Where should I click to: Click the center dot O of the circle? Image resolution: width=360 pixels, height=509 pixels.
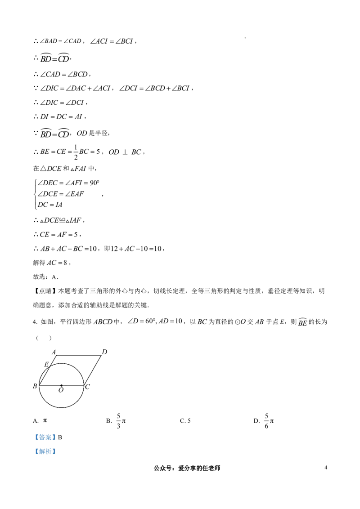tap(61, 386)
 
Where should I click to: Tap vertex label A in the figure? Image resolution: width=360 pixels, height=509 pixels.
tap(54, 352)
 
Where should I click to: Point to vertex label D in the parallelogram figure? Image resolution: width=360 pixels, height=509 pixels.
tap(104, 352)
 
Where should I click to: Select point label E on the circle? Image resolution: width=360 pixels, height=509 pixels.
tap(46, 364)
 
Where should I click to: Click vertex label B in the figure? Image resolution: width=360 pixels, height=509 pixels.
tap(35, 386)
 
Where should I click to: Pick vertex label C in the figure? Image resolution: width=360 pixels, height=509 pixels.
tap(87, 387)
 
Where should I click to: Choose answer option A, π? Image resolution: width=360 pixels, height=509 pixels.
tap(40, 421)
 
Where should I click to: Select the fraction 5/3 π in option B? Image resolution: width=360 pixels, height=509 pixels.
tap(121, 421)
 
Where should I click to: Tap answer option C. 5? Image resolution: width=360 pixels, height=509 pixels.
tap(185, 421)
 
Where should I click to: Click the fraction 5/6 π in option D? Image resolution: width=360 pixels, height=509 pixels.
tap(269, 421)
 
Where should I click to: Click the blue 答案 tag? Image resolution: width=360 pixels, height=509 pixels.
tap(45, 437)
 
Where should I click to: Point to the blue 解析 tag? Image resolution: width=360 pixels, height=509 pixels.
tap(45, 451)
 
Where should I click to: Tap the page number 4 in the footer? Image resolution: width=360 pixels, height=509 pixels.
tap(326, 468)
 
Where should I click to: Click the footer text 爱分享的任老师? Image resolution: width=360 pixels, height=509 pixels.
tap(199, 468)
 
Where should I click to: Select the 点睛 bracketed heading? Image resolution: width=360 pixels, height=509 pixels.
tap(45, 291)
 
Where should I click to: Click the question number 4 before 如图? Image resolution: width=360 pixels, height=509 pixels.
tap(35, 321)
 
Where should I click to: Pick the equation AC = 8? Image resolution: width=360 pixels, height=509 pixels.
tap(57, 263)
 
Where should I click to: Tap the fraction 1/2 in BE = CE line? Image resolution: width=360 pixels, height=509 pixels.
tap(76, 152)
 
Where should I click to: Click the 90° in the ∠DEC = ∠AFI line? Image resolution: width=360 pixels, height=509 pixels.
tap(94, 183)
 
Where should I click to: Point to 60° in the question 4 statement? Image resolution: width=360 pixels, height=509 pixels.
tap(149, 321)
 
